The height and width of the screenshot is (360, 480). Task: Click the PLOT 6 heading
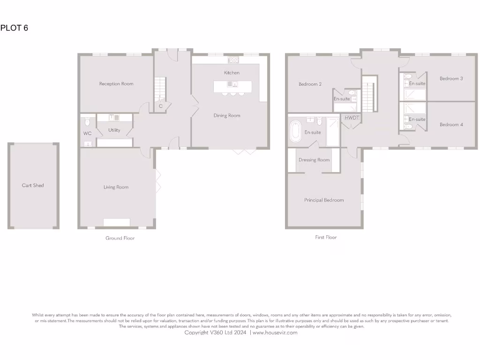pos(14,28)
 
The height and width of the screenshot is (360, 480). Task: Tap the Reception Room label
pos(116,84)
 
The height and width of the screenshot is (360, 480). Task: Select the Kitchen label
pos(232,73)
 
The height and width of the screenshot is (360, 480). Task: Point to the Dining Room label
pos(227,116)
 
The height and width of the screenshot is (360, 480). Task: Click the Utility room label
pos(114,130)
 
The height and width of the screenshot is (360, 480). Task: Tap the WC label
pos(87,134)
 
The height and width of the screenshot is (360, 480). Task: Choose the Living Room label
pos(116,187)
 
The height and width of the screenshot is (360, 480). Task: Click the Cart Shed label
pos(33,186)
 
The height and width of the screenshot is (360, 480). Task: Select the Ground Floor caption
pos(120,238)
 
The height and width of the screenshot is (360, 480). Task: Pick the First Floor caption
pos(326,237)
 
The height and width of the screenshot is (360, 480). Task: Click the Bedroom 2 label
pos(310,84)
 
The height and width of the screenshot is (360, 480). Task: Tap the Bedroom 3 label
pos(451,79)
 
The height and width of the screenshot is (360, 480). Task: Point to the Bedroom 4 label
pos(451,125)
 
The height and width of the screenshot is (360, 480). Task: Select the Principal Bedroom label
pos(324,200)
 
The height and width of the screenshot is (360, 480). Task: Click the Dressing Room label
pos(314,160)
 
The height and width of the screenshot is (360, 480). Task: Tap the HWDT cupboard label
pos(352,118)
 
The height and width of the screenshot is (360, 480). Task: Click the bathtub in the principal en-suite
pos(296,131)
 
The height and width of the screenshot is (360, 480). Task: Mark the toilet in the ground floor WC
pos(88,123)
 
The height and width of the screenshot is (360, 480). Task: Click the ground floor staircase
pos(160,89)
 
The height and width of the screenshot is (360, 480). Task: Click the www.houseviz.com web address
pos(275,332)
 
